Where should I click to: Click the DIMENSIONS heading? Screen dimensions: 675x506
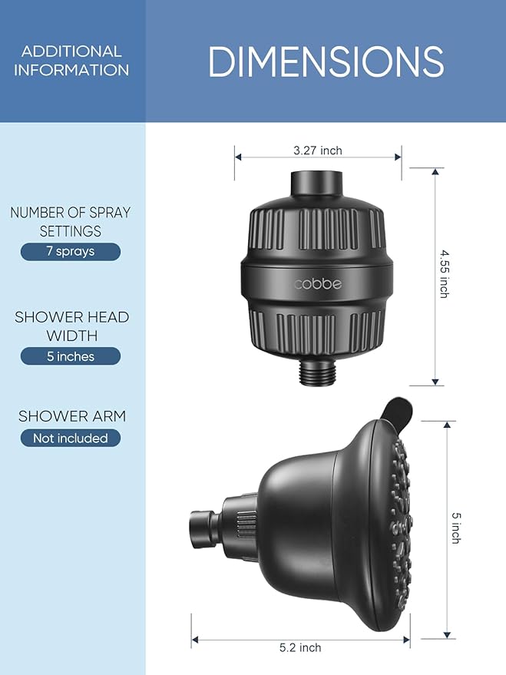[x=326, y=61]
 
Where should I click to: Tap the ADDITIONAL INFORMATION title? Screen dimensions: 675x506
[x=71, y=61]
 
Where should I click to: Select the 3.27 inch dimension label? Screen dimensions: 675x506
[x=317, y=151]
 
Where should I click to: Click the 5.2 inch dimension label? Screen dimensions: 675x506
[x=299, y=647]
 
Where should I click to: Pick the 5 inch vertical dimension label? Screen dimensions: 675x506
[x=455, y=528]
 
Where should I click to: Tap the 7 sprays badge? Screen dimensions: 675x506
[x=71, y=252]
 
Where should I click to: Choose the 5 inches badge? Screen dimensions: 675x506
[x=71, y=356]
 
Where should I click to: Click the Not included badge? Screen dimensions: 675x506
[x=71, y=438]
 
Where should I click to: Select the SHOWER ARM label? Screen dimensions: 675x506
[x=71, y=416]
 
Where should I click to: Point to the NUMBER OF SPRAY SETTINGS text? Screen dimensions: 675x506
[x=71, y=222]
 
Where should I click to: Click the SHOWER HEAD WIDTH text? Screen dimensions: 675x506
[x=71, y=326]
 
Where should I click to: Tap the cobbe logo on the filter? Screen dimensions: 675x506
[x=317, y=284]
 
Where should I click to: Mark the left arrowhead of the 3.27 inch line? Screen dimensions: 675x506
[x=237, y=156]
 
